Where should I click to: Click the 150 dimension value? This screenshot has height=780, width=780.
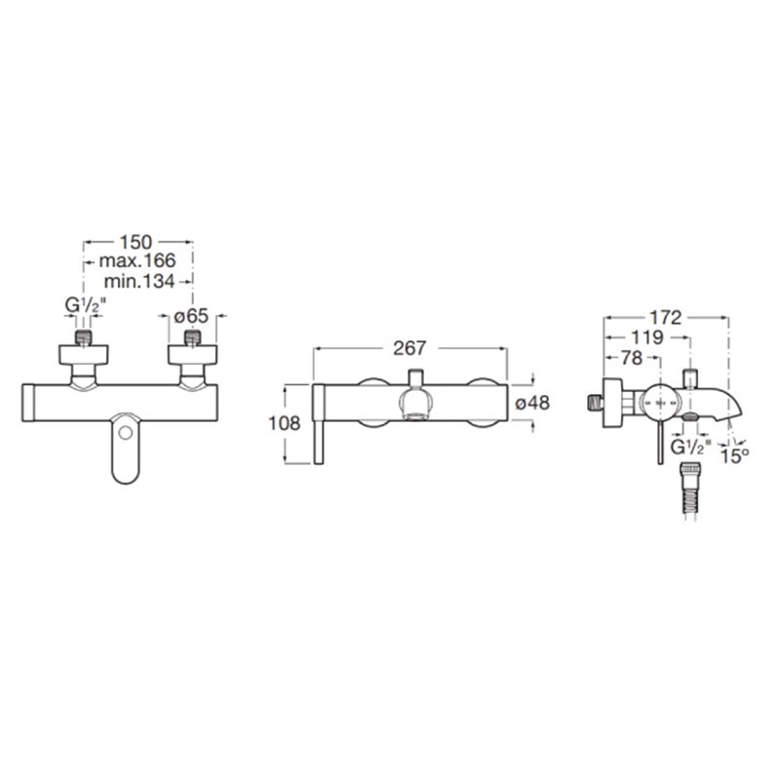pos(136,242)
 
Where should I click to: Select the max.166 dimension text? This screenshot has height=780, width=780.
pos(137,260)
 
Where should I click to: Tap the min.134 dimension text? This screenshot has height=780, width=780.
pos(139,281)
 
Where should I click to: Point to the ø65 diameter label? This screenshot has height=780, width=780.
pos(191,316)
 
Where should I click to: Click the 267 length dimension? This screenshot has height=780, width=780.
pos(409,348)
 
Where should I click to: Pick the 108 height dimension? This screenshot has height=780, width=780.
pos(284,423)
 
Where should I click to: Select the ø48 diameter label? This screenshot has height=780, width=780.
pos(532,403)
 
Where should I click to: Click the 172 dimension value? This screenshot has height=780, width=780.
pos(666,318)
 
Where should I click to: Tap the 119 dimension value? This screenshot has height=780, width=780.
pos(647,337)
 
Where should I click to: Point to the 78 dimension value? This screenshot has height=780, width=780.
pos(632,358)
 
